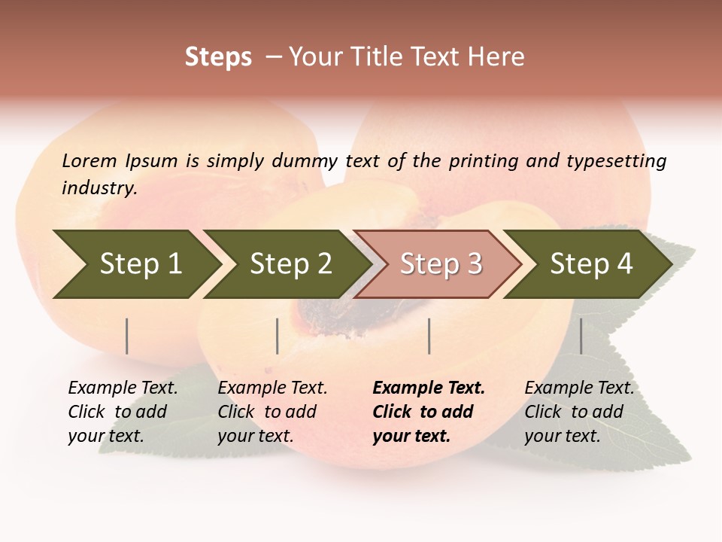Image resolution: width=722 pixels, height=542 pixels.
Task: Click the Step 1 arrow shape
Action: click(x=135, y=264)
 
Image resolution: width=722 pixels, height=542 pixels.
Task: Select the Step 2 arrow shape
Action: click(x=287, y=264)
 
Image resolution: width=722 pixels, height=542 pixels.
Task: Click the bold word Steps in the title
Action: click(x=218, y=57)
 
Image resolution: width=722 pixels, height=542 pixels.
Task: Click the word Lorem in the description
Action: click(x=89, y=160)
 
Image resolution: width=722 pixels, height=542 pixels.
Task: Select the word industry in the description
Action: click(x=99, y=187)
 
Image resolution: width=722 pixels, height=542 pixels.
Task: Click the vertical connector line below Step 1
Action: click(x=127, y=336)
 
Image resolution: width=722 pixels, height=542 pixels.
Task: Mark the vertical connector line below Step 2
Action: click(x=278, y=336)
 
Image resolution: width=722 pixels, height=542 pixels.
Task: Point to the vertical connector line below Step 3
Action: click(x=429, y=336)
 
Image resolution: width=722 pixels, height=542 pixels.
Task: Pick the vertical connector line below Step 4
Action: click(x=581, y=336)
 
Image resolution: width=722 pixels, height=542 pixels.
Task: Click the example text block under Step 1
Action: click(x=123, y=412)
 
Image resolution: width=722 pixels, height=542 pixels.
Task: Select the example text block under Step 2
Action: click(x=272, y=412)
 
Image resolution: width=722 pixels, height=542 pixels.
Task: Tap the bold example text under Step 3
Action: click(x=429, y=412)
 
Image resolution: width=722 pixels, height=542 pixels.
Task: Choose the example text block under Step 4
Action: click(x=579, y=412)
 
